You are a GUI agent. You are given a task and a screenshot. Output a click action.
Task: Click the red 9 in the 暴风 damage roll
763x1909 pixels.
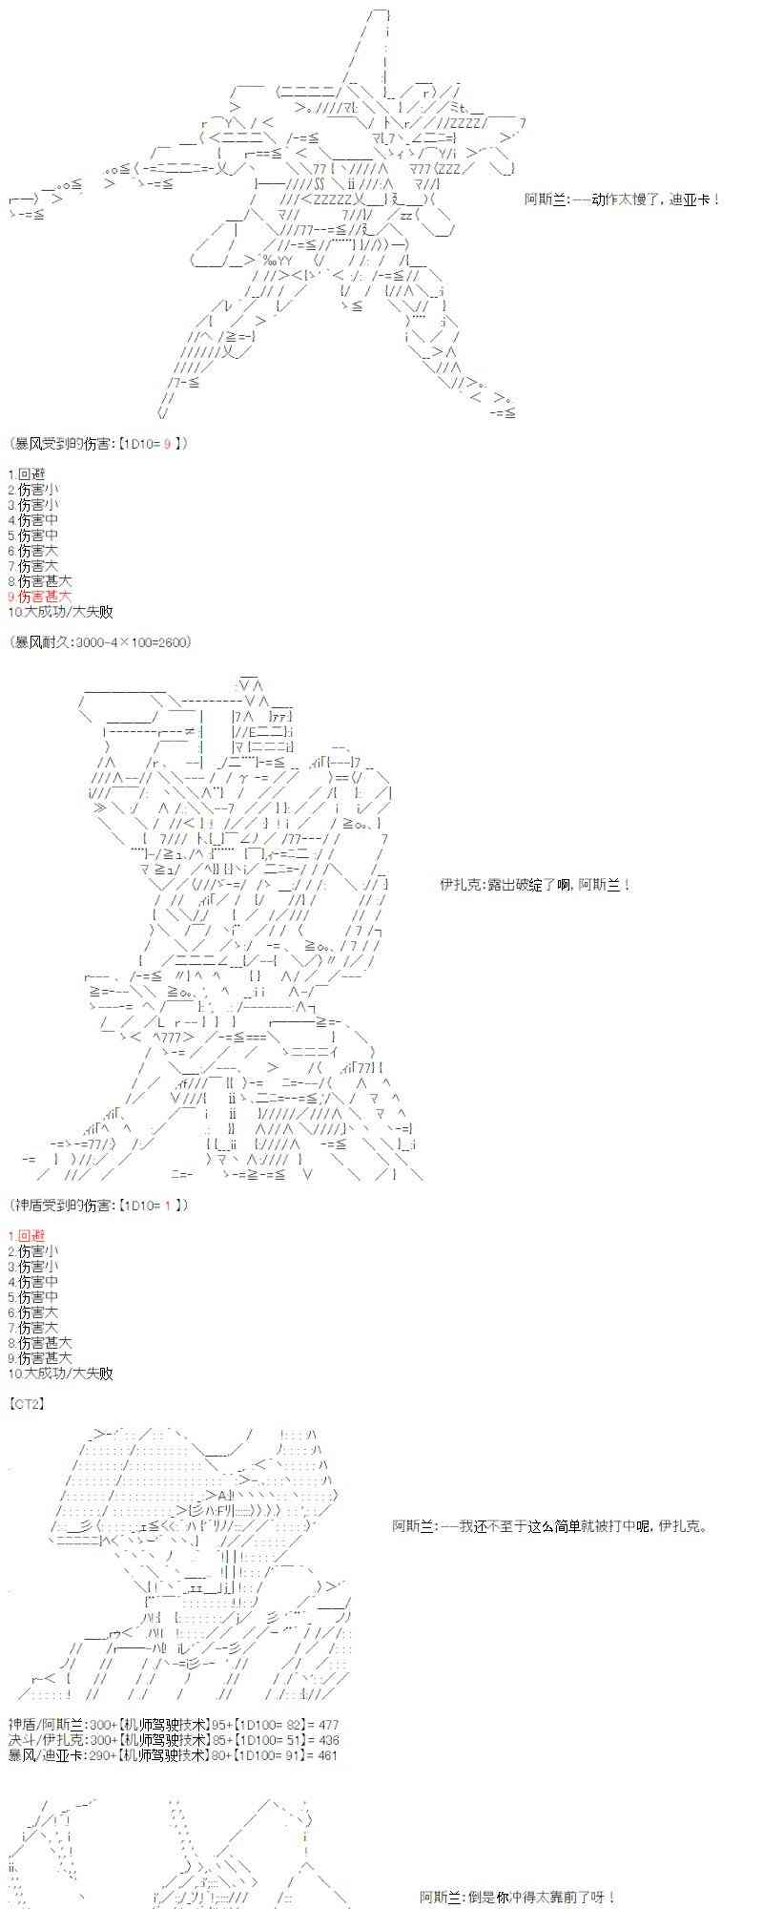click(x=168, y=443)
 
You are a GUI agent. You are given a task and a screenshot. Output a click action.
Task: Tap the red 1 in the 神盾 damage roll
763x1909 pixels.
click(x=168, y=1205)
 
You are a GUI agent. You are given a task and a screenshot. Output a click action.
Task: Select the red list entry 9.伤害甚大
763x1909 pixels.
click(x=39, y=596)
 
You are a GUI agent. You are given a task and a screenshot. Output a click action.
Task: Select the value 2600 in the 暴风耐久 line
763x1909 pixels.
click(x=173, y=641)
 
